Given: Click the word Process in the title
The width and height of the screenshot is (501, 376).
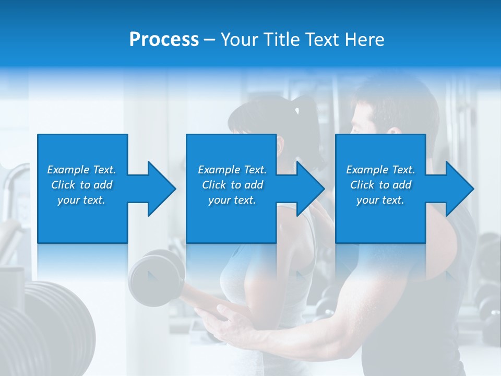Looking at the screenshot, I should [164, 40].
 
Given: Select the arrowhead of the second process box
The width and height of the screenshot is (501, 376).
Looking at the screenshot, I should [310, 189].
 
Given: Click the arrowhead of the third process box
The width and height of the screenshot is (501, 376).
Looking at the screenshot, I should [459, 189].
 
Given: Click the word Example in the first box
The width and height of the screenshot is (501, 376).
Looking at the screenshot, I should [68, 170].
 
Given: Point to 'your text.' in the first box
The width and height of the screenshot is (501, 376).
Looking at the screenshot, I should [81, 200].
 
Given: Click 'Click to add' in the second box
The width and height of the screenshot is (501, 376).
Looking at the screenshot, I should [232, 185].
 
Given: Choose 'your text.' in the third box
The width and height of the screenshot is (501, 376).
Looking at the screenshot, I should [380, 200].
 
